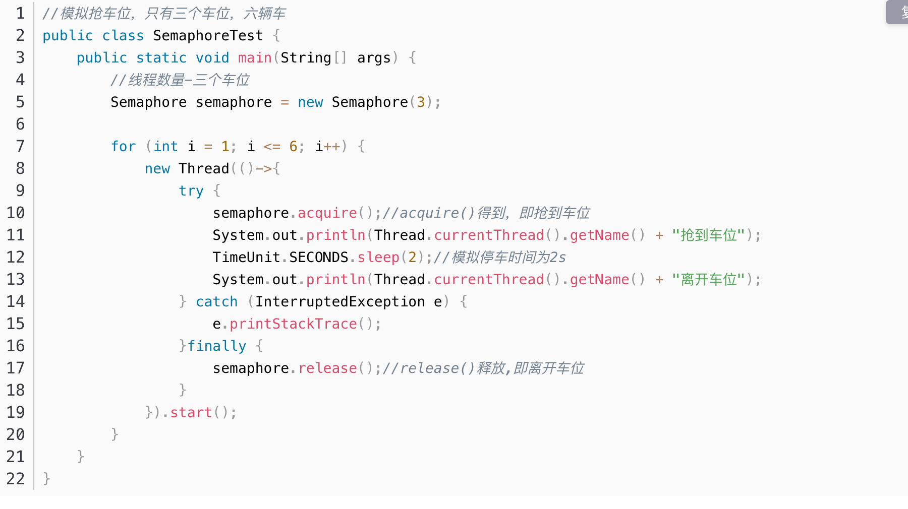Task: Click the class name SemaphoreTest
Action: [x=208, y=36]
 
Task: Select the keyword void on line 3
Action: [x=212, y=58]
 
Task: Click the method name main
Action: [x=255, y=58]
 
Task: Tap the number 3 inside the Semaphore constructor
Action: [x=421, y=102]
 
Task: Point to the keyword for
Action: [x=124, y=147]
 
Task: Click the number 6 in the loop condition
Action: [x=293, y=147]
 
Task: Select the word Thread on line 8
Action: [x=204, y=169]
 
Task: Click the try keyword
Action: [x=191, y=191]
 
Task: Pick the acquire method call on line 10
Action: [x=327, y=213]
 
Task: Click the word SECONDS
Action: [x=318, y=258]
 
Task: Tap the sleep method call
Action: [x=378, y=258]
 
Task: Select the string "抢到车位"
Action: [x=708, y=235]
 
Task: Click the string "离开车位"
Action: [x=708, y=280]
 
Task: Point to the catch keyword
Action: [x=216, y=302]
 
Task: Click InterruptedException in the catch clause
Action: [x=340, y=302]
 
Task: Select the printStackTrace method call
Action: [x=293, y=324]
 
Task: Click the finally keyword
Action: [x=216, y=346]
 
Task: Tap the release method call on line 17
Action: [x=327, y=368]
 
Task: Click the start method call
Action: [x=191, y=413]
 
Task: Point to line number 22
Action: [x=16, y=479]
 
